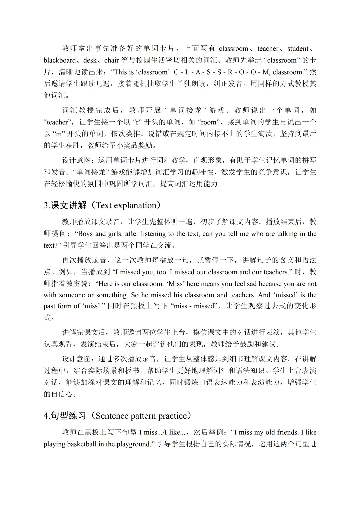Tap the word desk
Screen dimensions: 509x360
tap(90, 60)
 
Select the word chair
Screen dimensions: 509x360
tap(111, 60)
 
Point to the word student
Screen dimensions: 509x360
tap(298, 49)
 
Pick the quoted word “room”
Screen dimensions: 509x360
tap(210, 122)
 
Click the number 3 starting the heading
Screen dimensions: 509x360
tap(46, 205)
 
